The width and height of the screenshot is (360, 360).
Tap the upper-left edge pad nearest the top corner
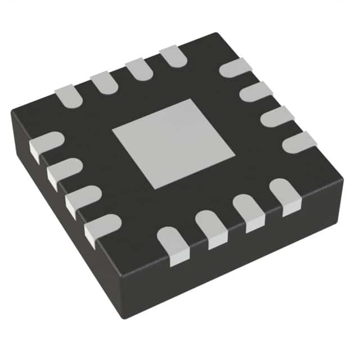coord(173,57)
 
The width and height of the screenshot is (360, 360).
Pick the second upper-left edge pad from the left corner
coord(103,81)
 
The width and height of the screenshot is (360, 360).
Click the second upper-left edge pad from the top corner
coord(138,69)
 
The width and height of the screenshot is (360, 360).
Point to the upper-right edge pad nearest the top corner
coord(235,67)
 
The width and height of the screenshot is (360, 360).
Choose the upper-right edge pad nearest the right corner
coord(299,142)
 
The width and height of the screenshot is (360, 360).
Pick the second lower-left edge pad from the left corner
coord(64,171)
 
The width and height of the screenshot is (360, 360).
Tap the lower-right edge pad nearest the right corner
coord(285,195)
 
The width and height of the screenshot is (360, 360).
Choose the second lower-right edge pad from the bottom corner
coord(210,228)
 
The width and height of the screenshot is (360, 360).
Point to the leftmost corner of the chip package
coord(11,112)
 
